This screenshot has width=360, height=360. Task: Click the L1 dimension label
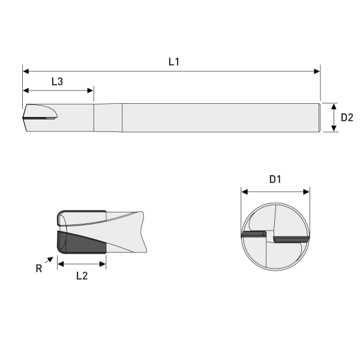pyautogui.click(x=174, y=61)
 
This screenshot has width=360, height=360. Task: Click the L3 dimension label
pyautogui.click(x=57, y=82)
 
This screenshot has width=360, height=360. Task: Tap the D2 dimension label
pyautogui.click(x=347, y=118)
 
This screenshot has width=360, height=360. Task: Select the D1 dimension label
pyautogui.click(x=275, y=179)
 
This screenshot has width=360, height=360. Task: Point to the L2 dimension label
pyautogui.click(x=82, y=277)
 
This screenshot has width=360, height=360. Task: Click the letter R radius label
pyautogui.click(x=39, y=269)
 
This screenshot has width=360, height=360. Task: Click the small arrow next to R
pyautogui.click(x=49, y=259)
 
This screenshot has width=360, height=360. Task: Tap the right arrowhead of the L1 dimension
pyautogui.click(x=317, y=71)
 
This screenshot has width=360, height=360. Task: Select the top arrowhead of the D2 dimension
pyautogui.click(x=334, y=106)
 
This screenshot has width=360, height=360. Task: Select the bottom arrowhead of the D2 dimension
pyautogui.click(x=334, y=128)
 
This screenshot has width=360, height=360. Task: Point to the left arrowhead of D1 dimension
pyautogui.click(x=244, y=192)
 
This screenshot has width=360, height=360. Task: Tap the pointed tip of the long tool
pyautogui.click(x=24, y=118)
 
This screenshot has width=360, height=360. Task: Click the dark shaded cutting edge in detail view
pyautogui.click(x=78, y=243)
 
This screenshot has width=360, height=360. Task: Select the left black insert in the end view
pyautogui.click(x=253, y=234)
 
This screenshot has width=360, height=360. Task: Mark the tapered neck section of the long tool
pyautogui.click(x=108, y=118)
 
